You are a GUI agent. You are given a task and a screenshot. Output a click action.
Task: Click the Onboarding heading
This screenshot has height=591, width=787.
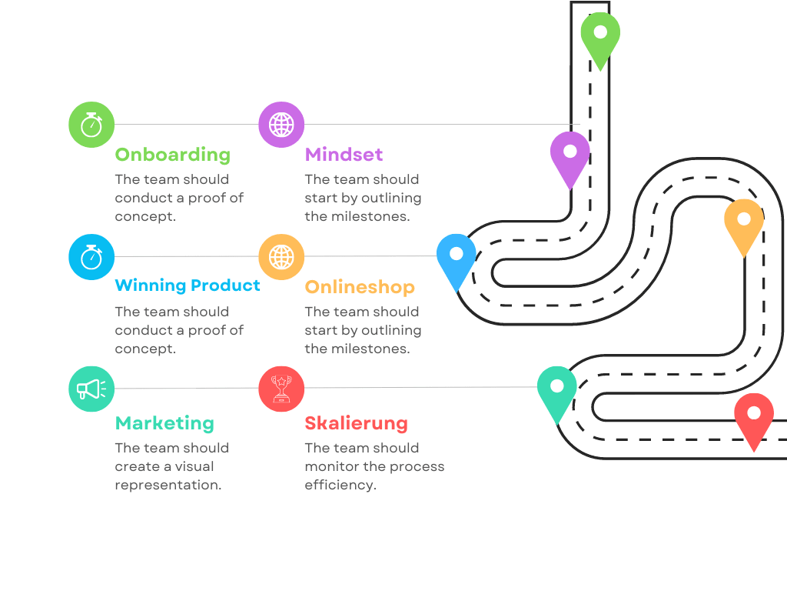[172, 155]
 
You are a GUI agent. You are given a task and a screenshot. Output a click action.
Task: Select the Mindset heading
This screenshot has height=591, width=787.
[344, 155]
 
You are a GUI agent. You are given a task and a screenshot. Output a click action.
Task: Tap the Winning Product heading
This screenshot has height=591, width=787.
[188, 285]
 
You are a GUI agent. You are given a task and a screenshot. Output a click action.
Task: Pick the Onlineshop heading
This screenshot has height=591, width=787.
[359, 287]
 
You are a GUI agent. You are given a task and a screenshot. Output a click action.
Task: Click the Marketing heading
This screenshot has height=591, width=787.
[164, 423]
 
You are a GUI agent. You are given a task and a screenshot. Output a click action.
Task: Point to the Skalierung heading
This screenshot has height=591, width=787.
[356, 423]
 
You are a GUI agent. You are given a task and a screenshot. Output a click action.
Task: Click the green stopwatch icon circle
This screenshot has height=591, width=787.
[91, 125]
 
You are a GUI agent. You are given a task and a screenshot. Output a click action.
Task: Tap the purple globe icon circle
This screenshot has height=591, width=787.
[281, 125]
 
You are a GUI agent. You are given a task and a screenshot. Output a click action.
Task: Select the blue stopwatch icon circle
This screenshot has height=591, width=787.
[91, 257]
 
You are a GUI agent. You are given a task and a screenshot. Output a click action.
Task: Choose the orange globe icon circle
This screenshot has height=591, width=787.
[281, 257]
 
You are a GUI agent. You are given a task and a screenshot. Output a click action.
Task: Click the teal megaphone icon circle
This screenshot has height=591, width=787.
[91, 389]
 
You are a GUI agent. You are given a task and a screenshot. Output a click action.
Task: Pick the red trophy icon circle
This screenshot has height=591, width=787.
[281, 389]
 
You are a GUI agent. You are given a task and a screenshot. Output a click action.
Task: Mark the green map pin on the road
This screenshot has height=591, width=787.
[600, 37]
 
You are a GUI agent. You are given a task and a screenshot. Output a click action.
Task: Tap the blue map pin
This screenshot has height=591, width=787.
[457, 259]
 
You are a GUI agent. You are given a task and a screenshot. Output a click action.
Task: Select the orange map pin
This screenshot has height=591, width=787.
[744, 223]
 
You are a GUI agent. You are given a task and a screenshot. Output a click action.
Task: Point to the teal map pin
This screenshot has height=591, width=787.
[557, 390]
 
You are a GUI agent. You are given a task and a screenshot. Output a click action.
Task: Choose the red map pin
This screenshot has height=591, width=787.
[754, 418]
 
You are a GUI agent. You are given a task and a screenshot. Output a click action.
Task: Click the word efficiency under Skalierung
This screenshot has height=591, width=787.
[340, 485]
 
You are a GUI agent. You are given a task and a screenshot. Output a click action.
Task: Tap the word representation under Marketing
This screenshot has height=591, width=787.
[168, 485]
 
